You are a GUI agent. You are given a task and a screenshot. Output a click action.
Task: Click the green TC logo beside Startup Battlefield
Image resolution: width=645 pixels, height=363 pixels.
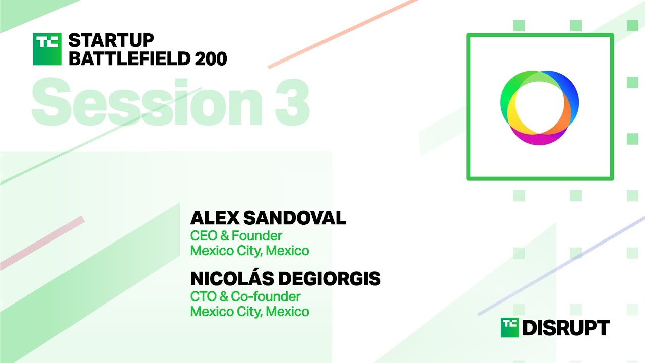[47, 49]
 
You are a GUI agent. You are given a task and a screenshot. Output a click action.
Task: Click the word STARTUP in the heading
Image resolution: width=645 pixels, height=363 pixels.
[111, 40]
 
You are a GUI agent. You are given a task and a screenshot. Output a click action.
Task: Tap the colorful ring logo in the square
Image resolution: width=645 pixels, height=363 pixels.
[540, 107]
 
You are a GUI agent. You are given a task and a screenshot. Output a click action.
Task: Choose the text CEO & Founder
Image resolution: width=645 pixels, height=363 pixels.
[236, 235]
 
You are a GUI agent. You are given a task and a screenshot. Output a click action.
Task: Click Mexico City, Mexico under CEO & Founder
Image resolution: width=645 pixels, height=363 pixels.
[249, 251]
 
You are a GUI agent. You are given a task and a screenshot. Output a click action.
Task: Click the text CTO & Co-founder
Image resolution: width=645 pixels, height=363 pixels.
[245, 296]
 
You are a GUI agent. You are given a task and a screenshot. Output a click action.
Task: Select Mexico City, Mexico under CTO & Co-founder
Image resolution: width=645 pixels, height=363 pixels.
[249, 312]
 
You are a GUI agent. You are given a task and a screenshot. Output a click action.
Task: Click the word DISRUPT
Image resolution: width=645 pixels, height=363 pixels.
[566, 328]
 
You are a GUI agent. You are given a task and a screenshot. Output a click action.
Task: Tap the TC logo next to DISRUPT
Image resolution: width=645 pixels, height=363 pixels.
[509, 328]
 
